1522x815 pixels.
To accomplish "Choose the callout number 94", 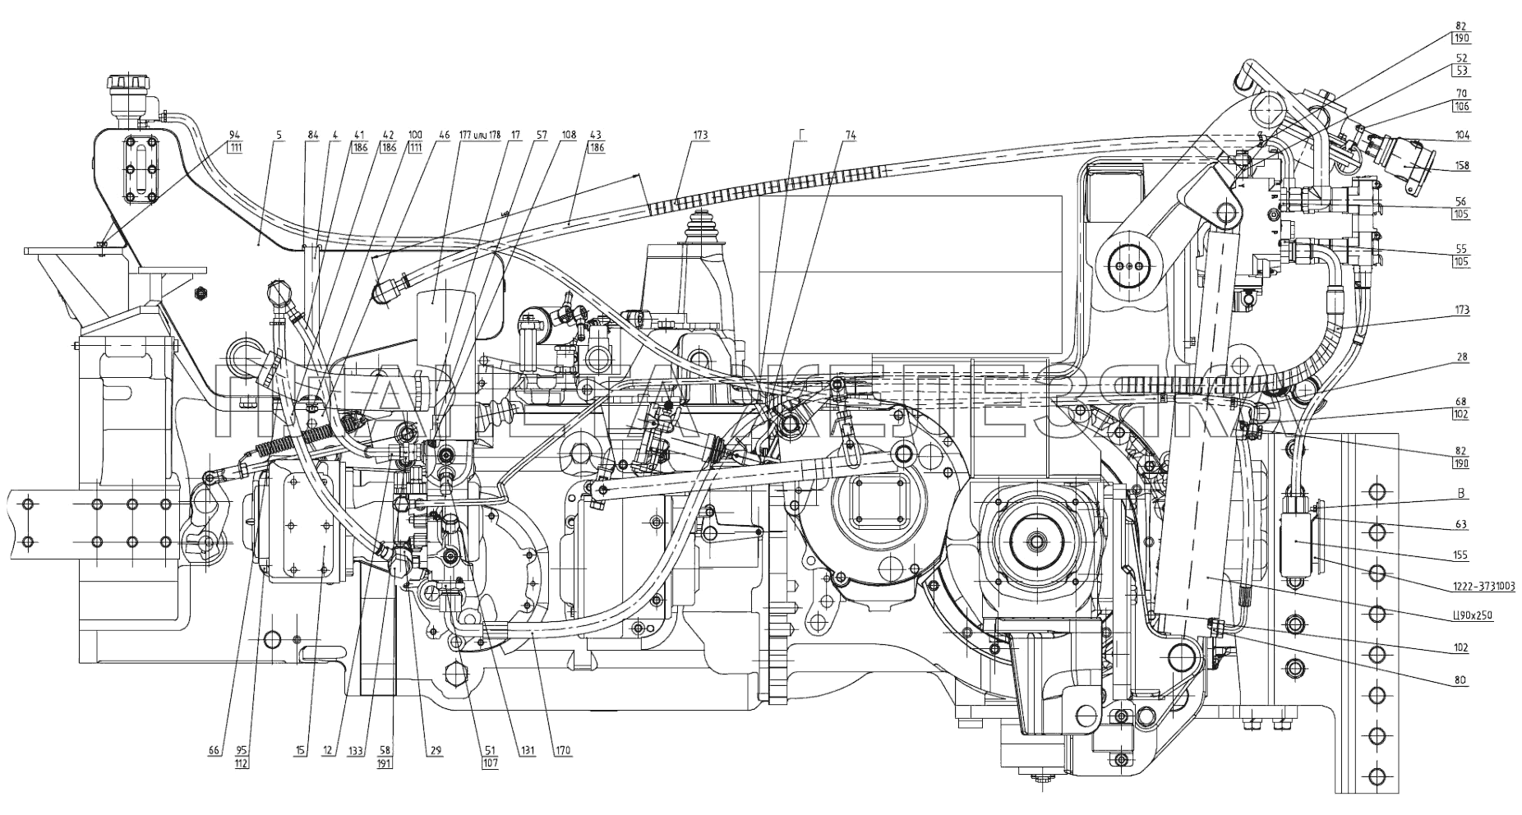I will coord(235,135).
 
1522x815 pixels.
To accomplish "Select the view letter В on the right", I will coord(1461,494).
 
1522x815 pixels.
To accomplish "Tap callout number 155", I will coord(1461,555).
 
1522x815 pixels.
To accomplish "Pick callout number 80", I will coord(1461,679).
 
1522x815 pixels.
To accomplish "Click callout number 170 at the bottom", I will coord(562,750).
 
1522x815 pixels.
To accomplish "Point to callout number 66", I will coord(214,750).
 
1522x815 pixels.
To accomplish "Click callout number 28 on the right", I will coord(1461,357).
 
